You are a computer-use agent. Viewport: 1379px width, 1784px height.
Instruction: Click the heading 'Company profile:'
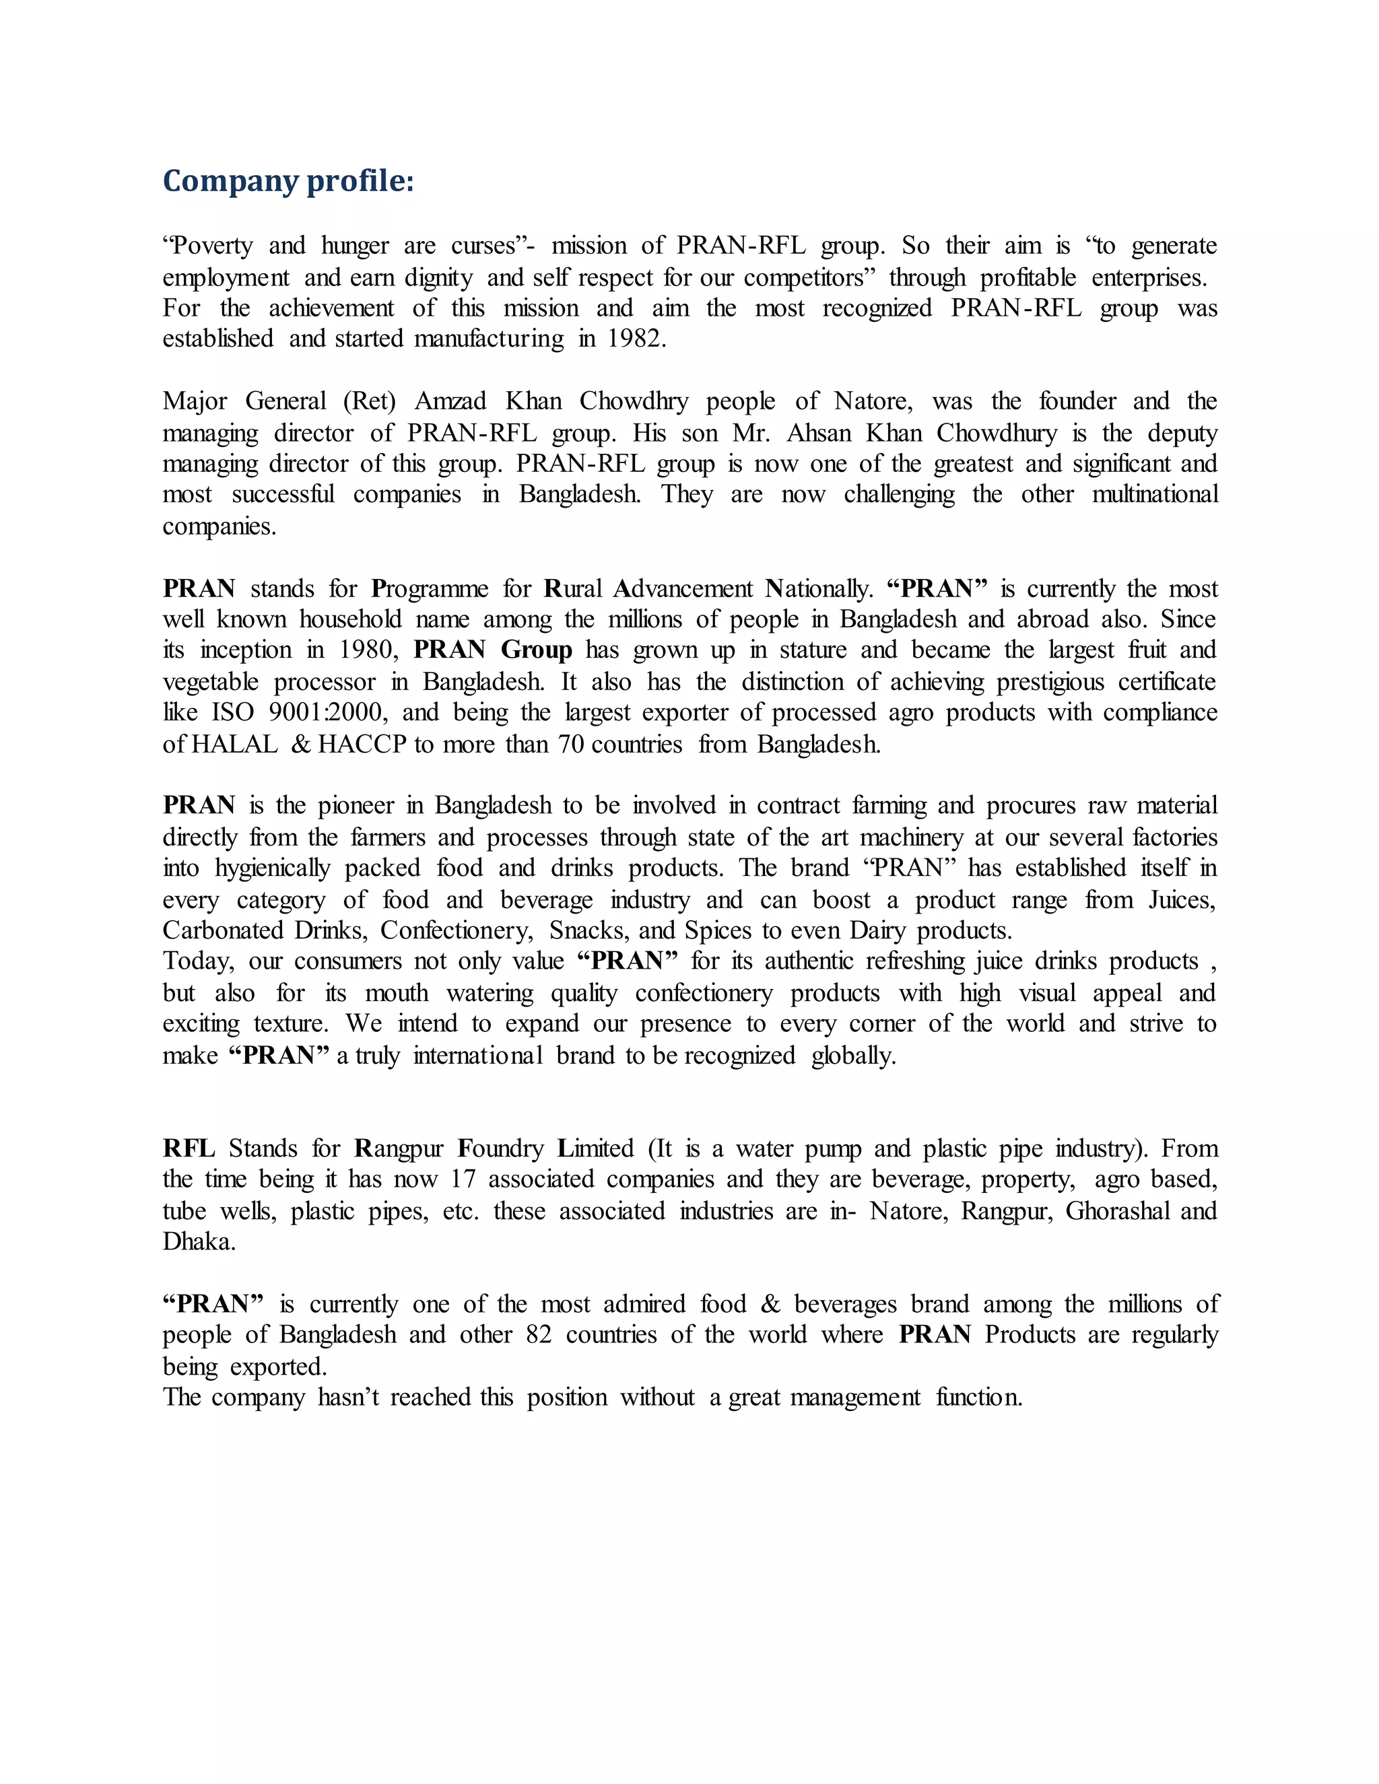[x=288, y=180]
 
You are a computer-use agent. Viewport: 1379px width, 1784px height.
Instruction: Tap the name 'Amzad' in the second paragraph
[x=450, y=401]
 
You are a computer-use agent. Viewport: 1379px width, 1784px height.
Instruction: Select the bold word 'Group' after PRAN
[x=536, y=650]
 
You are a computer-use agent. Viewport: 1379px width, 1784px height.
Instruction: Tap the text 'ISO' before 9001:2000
[x=233, y=712]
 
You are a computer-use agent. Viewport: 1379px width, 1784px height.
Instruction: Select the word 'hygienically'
[x=273, y=868]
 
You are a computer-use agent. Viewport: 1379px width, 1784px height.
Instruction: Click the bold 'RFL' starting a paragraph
[x=189, y=1148]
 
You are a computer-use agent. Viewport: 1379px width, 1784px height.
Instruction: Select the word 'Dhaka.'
[x=199, y=1241]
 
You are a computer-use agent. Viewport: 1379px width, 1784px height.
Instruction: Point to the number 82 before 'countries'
[x=539, y=1335]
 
